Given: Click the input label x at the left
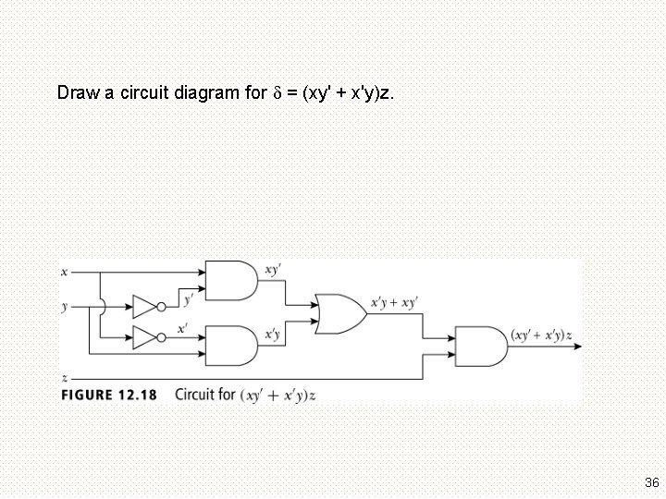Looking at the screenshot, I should pyautogui.click(x=63, y=273).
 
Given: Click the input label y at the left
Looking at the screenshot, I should pyautogui.click(x=64, y=306).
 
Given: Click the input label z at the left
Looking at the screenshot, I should pyautogui.click(x=63, y=378).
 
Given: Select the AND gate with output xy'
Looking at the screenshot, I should pyautogui.click(x=230, y=281).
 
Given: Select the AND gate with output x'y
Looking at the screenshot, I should pyautogui.click(x=230, y=346).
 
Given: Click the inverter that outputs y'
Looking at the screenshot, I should pyautogui.click(x=146, y=307).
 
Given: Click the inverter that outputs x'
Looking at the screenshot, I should pyautogui.click(x=146, y=337).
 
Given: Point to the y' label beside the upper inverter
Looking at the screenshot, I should pyautogui.click(x=189, y=298).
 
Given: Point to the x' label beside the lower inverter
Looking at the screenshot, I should pyautogui.click(x=182, y=328).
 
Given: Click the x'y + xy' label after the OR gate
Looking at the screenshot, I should pyautogui.click(x=394, y=302).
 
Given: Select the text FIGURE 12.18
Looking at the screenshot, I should pyautogui.click(x=109, y=395).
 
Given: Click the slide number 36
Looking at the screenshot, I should pyautogui.click(x=651, y=482).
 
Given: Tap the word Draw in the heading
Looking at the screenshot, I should pyautogui.click(x=76, y=92).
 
